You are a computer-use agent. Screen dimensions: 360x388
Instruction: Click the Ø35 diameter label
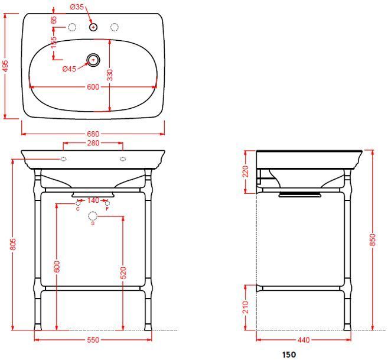point(77,7)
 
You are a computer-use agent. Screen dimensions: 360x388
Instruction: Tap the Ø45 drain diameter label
point(69,69)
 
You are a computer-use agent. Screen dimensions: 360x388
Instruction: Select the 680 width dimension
point(93,134)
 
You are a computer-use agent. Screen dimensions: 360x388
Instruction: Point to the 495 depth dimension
point(5,66)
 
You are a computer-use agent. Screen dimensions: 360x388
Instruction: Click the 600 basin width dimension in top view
point(93,87)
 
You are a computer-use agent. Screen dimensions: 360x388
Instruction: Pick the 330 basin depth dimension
point(110,74)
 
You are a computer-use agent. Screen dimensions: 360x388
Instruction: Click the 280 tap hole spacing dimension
point(93,142)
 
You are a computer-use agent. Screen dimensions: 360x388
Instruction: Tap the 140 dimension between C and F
point(93,200)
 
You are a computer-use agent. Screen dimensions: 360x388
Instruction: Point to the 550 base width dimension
point(93,340)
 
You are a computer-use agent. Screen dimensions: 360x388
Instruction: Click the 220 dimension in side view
point(246,171)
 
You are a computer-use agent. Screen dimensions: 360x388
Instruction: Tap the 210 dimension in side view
point(246,306)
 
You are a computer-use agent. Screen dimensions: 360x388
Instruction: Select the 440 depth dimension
point(304,340)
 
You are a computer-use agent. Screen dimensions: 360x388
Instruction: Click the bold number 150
point(289,355)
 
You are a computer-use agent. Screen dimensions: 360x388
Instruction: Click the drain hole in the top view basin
point(93,59)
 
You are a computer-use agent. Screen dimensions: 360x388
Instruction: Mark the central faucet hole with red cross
point(93,27)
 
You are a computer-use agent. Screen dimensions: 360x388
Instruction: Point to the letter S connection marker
point(92,223)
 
